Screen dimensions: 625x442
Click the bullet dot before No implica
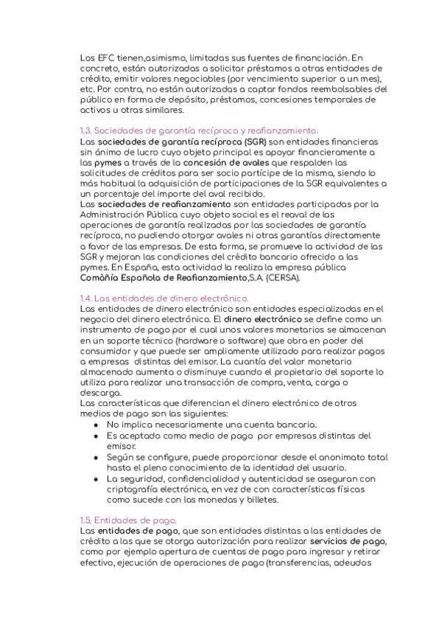pyautogui.click(x=97, y=425)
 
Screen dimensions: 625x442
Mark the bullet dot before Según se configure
pyautogui.click(x=97, y=457)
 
